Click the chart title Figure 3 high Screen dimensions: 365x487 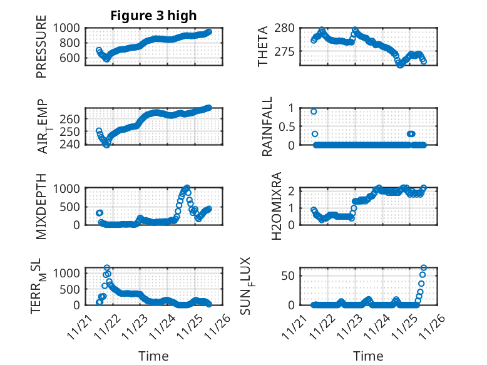[153, 16]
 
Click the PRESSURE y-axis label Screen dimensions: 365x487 [41, 51]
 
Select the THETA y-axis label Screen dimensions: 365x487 [263, 46]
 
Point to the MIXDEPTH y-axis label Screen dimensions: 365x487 [41, 205]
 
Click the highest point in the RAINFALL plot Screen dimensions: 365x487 [314, 111]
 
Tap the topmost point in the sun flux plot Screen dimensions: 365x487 [424, 268]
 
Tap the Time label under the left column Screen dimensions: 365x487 [153, 356]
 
